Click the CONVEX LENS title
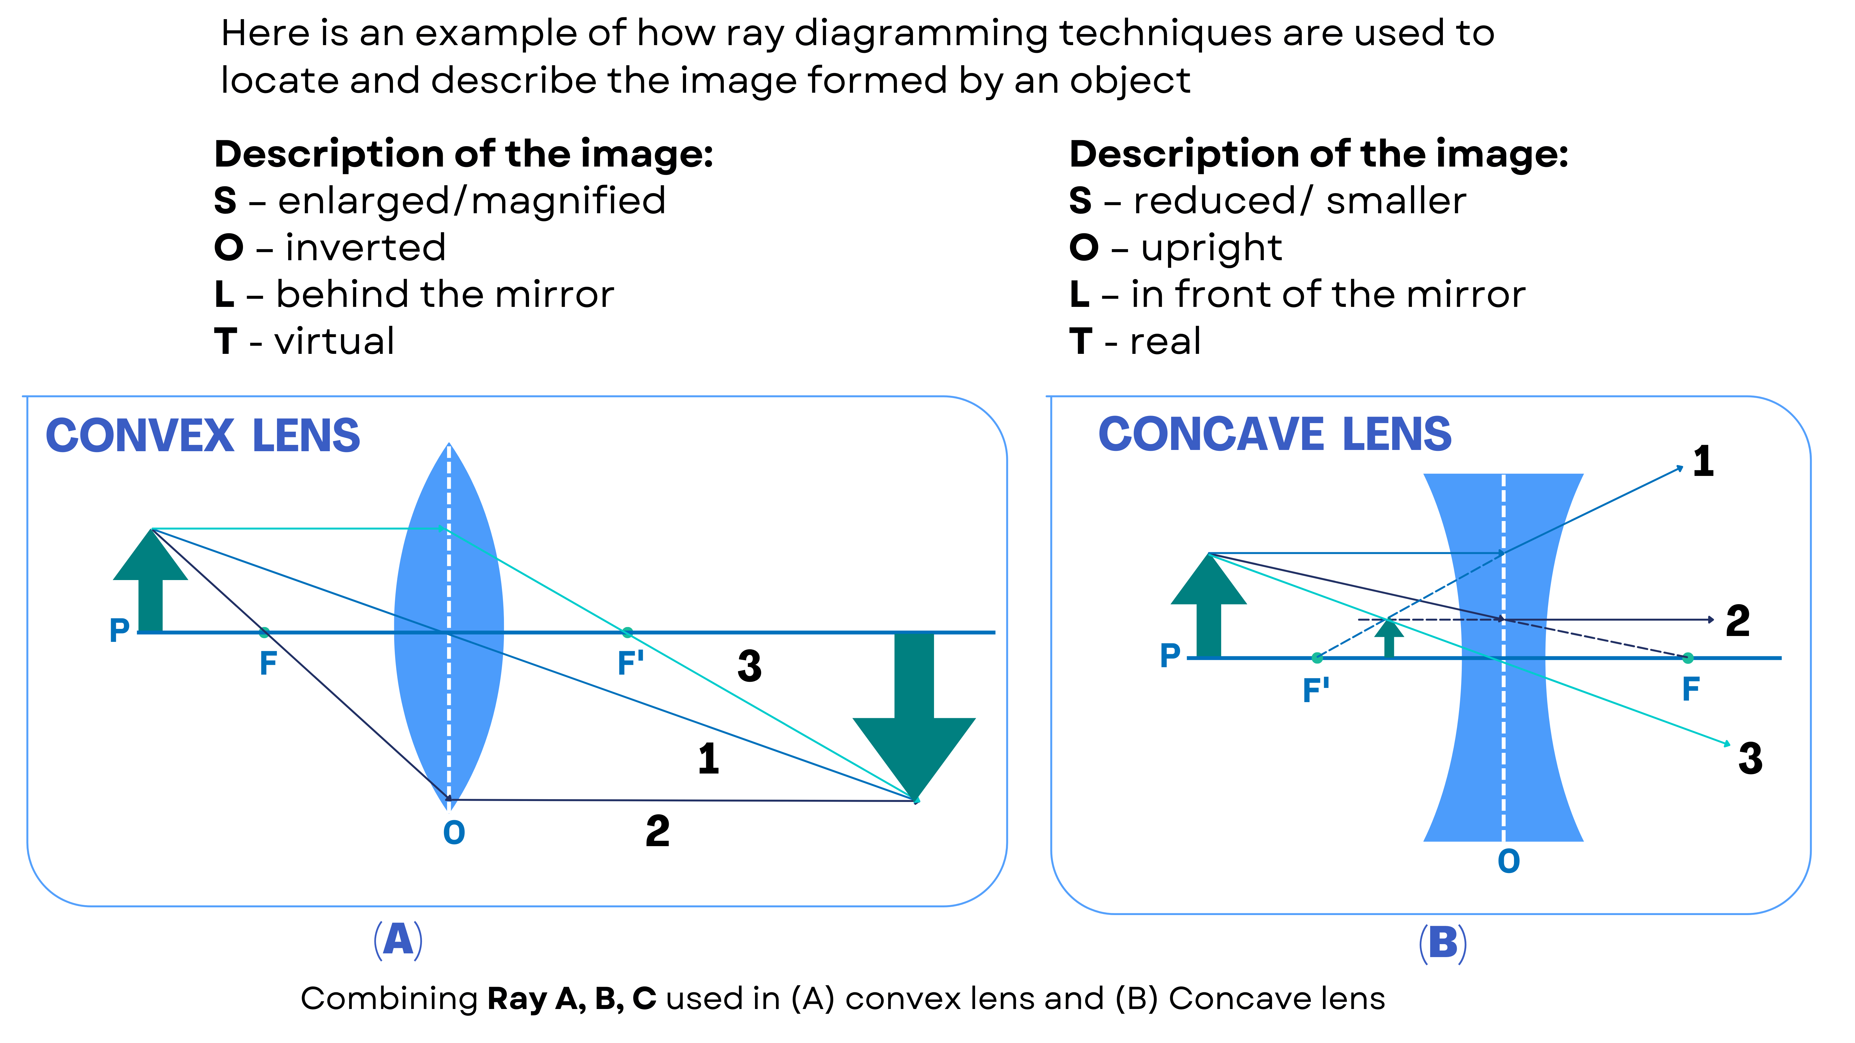coord(203,436)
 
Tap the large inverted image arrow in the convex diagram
coord(914,713)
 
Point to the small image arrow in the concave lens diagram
coord(1389,638)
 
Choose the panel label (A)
coord(398,940)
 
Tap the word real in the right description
coord(1165,341)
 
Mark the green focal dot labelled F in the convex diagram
coord(264,633)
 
